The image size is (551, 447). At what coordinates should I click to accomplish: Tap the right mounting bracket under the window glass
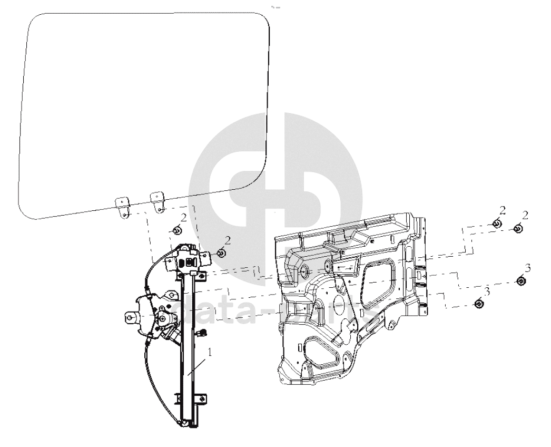(x=158, y=201)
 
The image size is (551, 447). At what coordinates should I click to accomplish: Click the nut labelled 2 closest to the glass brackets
(x=178, y=230)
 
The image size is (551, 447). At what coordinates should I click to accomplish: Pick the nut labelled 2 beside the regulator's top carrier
(x=221, y=253)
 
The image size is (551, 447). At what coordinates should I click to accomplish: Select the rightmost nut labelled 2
(x=518, y=229)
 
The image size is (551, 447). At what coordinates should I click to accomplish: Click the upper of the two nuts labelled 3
(x=522, y=281)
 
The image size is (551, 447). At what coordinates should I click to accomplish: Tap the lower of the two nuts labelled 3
(x=479, y=304)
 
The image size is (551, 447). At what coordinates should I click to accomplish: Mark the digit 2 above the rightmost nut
(x=525, y=215)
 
